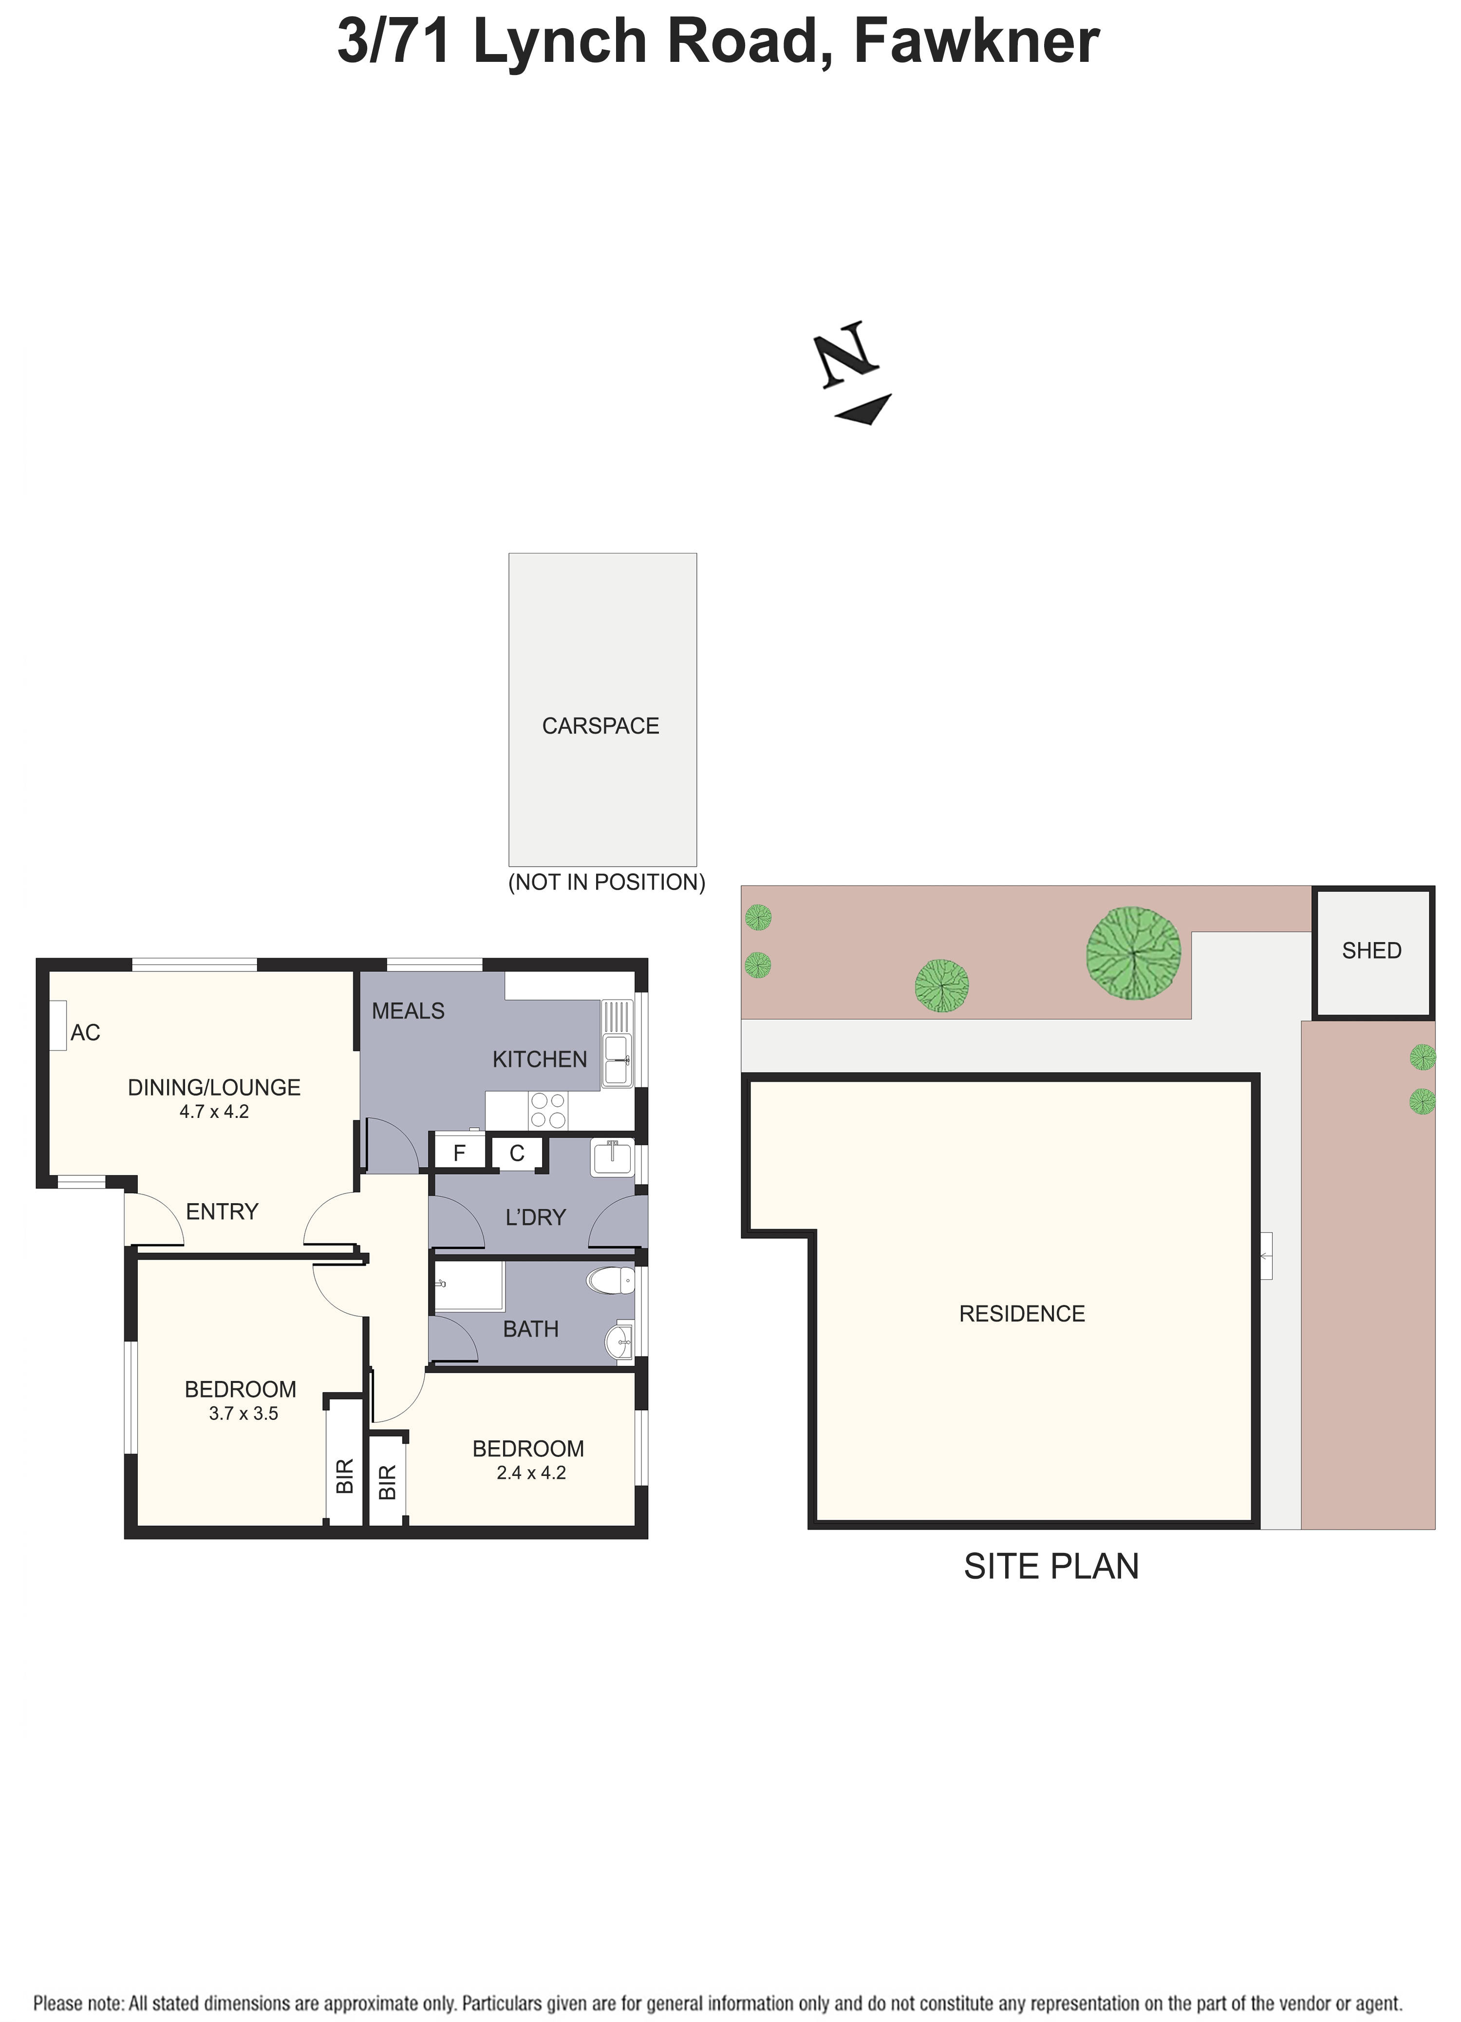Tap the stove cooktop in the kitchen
pyautogui.click(x=548, y=1110)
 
